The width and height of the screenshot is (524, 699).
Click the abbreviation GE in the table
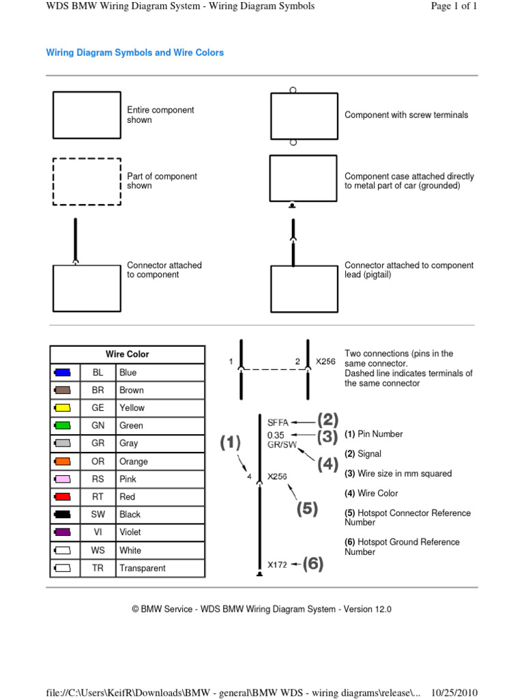[x=98, y=408]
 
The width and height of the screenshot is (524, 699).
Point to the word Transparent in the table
[x=142, y=568]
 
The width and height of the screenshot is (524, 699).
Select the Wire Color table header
[x=127, y=354]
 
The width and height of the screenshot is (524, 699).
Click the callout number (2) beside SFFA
[x=327, y=420]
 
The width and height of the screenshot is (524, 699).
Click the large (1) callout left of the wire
[x=230, y=444]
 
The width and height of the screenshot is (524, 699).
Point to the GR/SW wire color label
[x=281, y=444]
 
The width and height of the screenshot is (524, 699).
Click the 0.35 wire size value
[x=276, y=434]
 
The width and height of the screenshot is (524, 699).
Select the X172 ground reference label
[x=277, y=565]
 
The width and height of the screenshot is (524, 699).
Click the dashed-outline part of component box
[x=87, y=181]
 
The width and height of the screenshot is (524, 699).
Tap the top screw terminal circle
[x=293, y=89]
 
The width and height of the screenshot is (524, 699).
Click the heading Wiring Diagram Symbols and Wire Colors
[x=134, y=53]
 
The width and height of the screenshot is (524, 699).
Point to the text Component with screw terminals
[x=406, y=115]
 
